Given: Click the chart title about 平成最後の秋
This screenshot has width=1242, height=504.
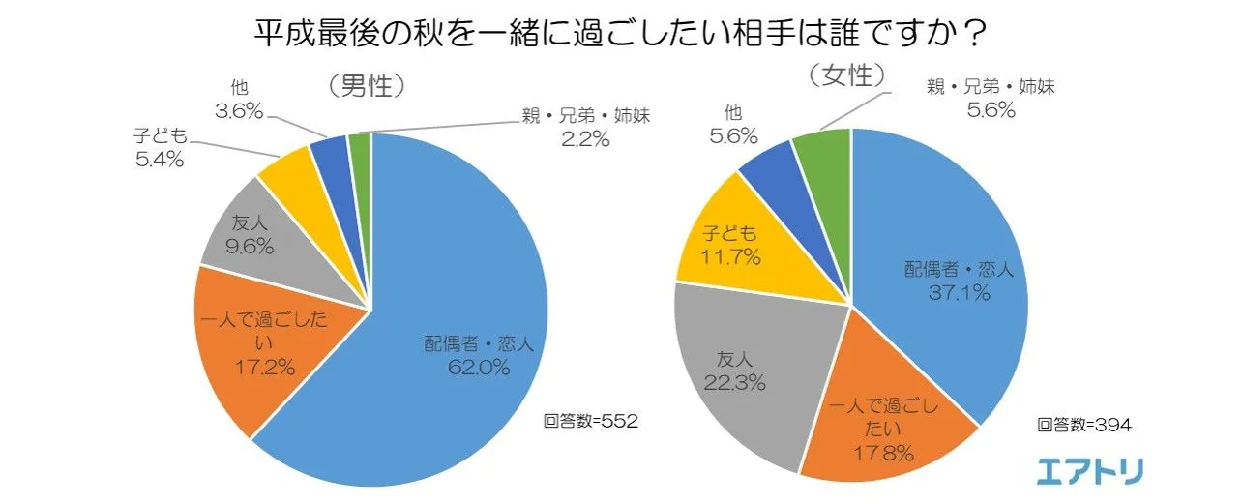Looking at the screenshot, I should pos(620,33).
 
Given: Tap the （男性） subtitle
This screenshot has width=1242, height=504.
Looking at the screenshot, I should pos(365,87).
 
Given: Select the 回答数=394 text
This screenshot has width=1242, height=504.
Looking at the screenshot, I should pos(1083,424).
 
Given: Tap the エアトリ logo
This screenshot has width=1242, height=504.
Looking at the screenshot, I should pos(1090,471).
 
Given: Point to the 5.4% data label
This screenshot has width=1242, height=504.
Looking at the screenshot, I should pos(159,161).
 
